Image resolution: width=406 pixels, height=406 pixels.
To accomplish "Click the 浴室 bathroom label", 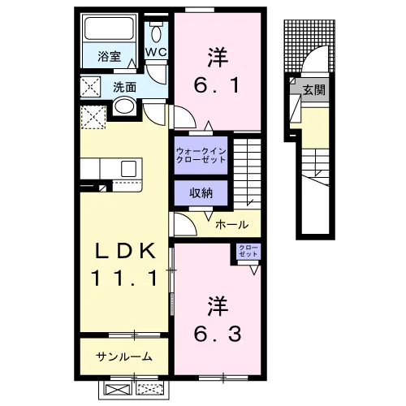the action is point(109,57).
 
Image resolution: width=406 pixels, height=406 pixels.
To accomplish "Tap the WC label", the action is point(156,52).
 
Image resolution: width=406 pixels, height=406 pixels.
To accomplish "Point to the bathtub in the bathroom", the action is point(109,28).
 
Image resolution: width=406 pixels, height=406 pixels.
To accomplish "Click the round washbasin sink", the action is point(124,106).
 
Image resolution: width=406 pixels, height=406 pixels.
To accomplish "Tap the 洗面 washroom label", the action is point(124,88).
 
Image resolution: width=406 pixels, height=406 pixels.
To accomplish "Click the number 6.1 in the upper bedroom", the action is point(217,85).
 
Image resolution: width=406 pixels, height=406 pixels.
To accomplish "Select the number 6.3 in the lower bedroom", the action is point(218,334).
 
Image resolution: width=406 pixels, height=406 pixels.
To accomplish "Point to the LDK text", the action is point(124,251).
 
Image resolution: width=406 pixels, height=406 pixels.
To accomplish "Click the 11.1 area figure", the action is point(124,278).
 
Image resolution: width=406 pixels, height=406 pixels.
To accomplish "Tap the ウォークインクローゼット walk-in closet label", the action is point(201,155).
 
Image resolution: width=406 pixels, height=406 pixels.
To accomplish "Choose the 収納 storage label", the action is point(201,192).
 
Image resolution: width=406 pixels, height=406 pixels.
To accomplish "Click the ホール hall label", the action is point(231,224).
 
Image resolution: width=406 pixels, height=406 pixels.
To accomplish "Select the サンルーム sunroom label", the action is point(124,356).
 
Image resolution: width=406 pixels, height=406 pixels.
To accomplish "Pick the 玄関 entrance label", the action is point(314,89).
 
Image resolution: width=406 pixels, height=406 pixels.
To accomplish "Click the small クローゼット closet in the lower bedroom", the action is point(248,251).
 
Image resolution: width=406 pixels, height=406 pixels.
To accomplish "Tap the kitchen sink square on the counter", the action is point(129,169).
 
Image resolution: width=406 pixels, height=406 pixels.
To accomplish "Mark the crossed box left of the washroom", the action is point(90,87).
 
